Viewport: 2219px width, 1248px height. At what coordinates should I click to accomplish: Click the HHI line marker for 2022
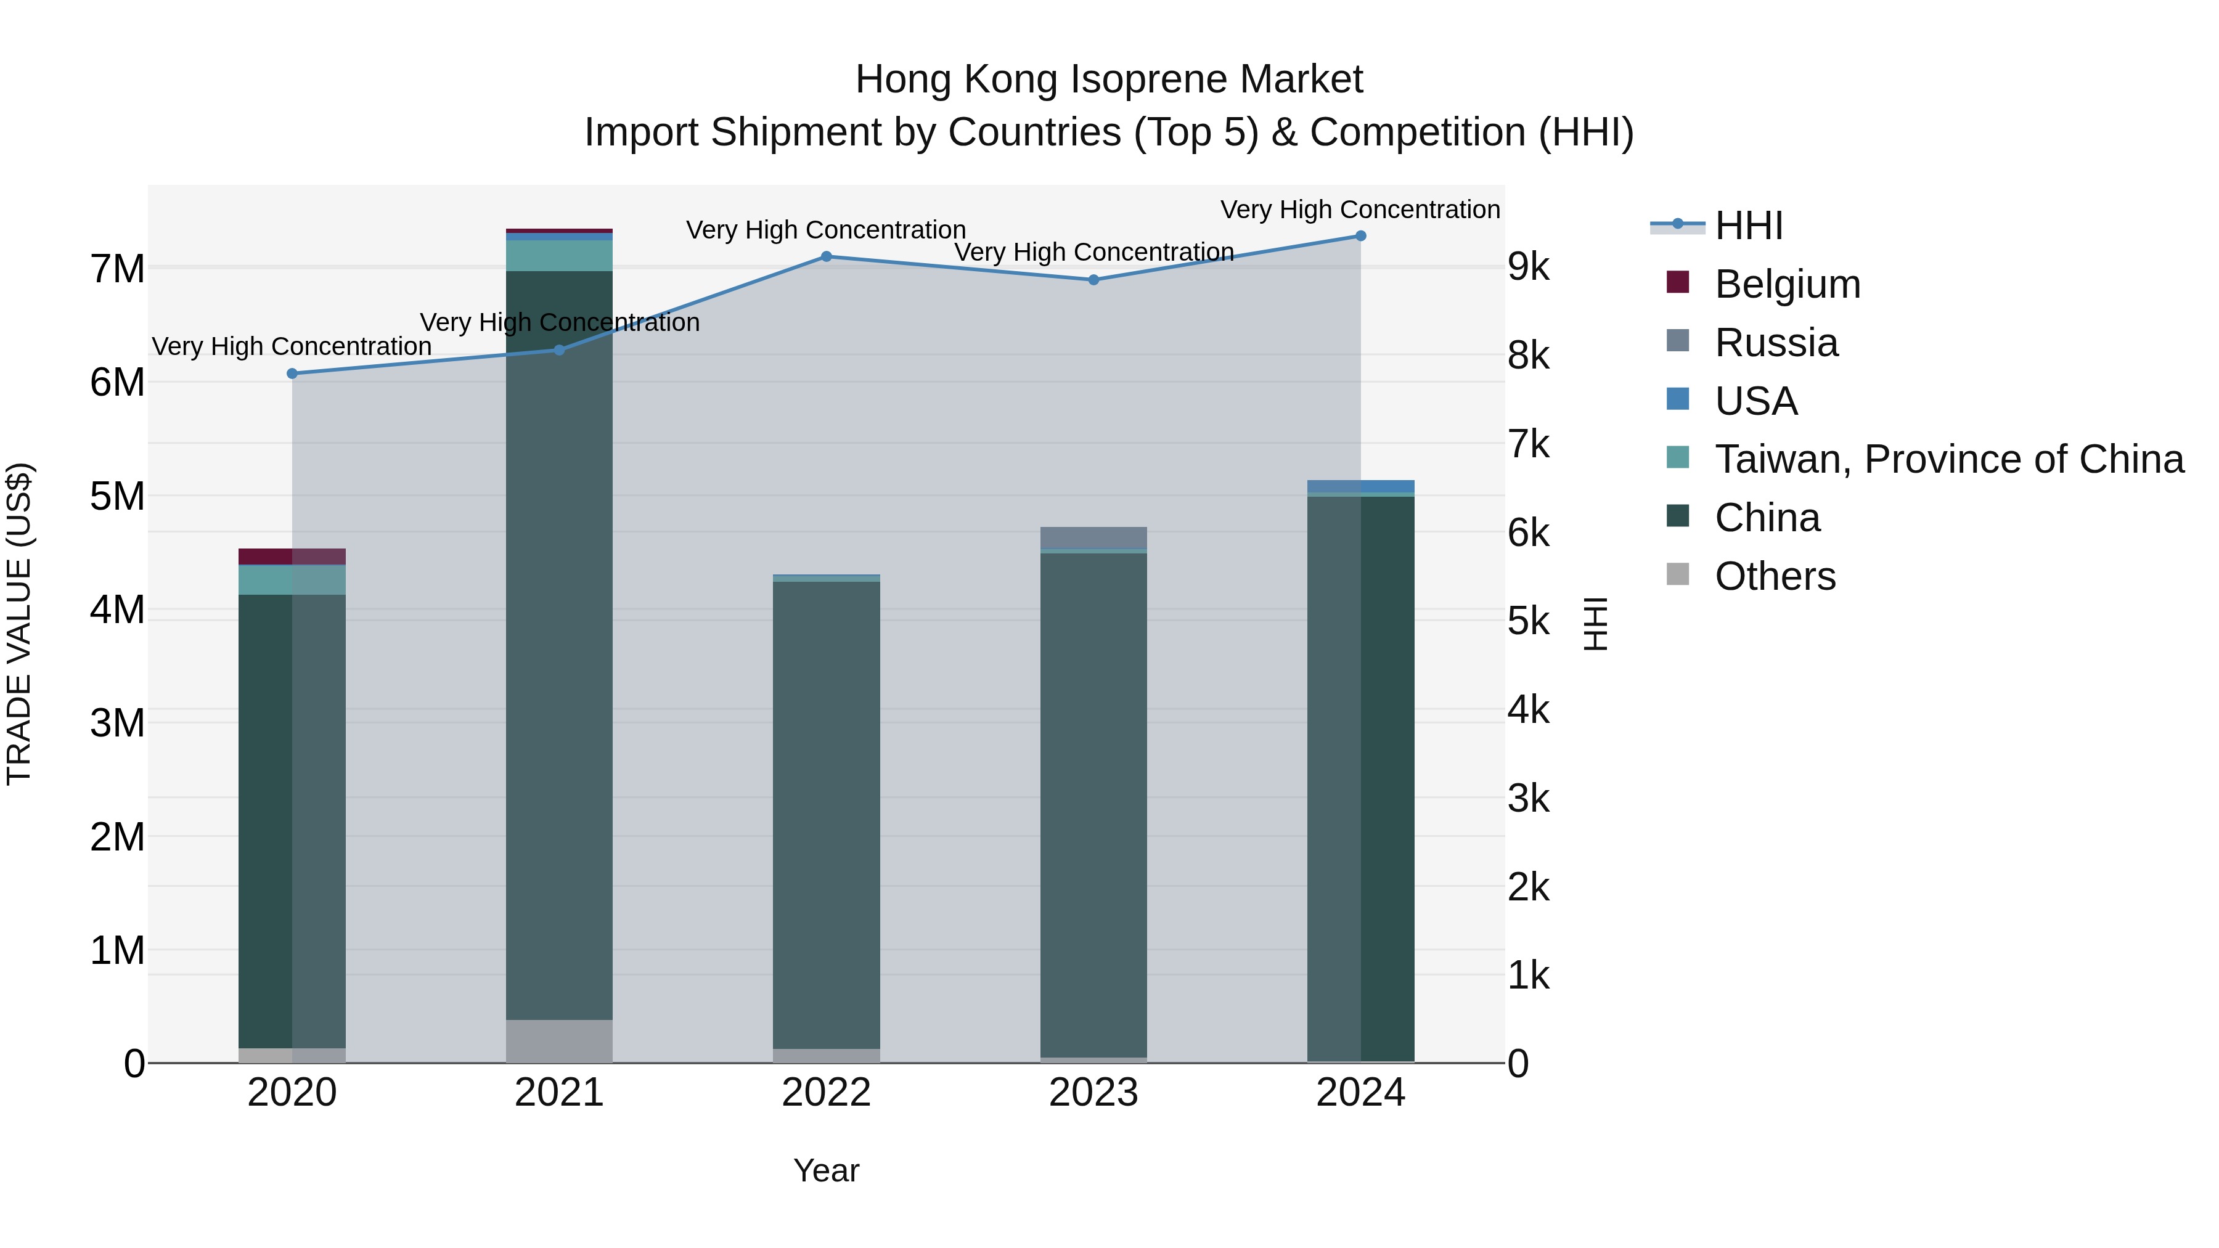click(x=826, y=256)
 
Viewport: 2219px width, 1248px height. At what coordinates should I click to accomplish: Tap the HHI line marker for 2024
click(x=1361, y=236)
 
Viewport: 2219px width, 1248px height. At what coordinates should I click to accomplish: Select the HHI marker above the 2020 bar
click(x=292, y=374)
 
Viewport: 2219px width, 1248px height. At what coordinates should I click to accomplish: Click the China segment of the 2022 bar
click(x=826, y=814)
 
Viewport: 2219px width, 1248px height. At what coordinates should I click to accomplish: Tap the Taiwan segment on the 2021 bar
click(x=559, y=256)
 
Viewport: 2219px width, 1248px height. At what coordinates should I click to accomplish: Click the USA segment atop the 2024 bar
click(x=1361, y=487)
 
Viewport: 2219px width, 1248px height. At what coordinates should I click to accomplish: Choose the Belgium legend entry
click(x=1788, y=284)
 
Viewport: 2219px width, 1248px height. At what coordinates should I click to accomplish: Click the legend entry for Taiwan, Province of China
click(x=1948, y=459)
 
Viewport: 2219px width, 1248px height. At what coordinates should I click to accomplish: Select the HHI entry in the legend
click(x=1748, y=226)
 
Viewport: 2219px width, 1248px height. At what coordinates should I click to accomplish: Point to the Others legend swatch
click(x=1678, y=574)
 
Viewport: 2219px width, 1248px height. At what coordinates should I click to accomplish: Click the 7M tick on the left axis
click(x=118, y=269)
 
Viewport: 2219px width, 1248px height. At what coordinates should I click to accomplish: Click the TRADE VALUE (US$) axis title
click(x=20, y=624)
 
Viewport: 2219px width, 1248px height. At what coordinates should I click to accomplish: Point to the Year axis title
click(x=826, y=1170)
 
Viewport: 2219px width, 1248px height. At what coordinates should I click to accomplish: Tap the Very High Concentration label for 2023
click(x=1094, y=252)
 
